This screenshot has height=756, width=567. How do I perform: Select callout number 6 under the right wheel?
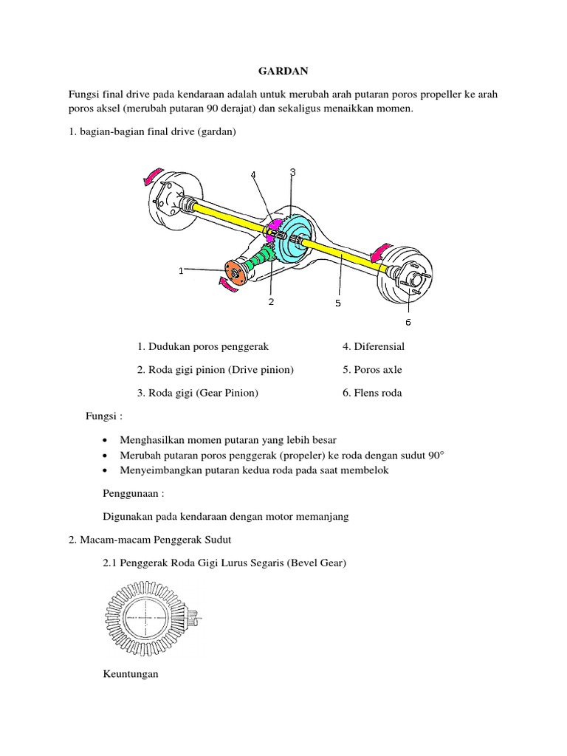408,321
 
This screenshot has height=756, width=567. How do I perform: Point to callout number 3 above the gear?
292,172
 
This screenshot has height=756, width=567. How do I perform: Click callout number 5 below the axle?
337,303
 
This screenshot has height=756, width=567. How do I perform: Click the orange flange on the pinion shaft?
233,272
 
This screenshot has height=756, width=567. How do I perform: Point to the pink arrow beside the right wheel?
381,255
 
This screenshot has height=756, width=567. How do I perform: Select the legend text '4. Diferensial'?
373,346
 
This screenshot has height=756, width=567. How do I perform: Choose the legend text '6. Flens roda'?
372,394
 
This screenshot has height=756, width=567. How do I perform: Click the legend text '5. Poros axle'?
372,370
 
